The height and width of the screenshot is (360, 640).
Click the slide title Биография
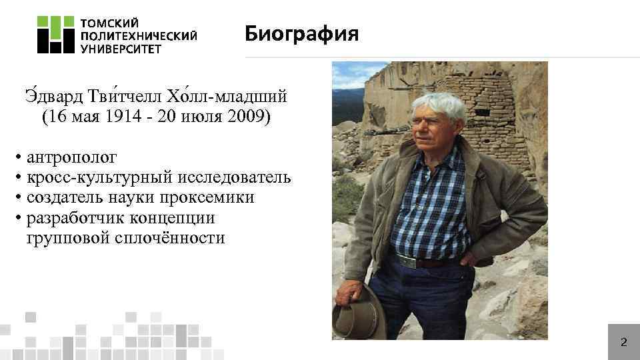click(301, 33)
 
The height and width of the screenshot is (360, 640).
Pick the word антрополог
click(72, 158)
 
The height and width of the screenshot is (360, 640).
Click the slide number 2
click(623, 343)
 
